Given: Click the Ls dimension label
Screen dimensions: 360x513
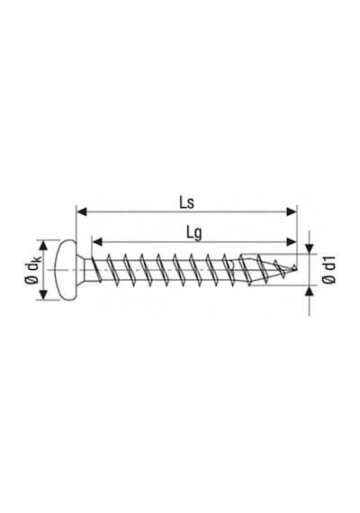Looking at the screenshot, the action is click(x=186, y=202).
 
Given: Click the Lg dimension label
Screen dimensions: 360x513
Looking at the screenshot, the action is click(x=194, y=234).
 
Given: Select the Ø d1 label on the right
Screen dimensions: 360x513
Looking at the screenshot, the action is click(x=329, y=270).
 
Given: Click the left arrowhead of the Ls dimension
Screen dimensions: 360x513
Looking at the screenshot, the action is click(x=82, y=212).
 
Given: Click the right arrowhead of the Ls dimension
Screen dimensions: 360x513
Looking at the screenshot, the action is click(x=292, y=212).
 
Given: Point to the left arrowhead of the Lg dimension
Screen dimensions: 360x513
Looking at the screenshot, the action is click(x=97, y=242).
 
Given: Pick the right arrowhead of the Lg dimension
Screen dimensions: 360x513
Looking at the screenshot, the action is click(x=292, y=242).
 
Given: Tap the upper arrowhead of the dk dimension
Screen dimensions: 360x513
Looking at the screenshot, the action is click(x=43, y=245).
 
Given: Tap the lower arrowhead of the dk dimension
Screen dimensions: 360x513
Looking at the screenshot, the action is click(x=43, y=294).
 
